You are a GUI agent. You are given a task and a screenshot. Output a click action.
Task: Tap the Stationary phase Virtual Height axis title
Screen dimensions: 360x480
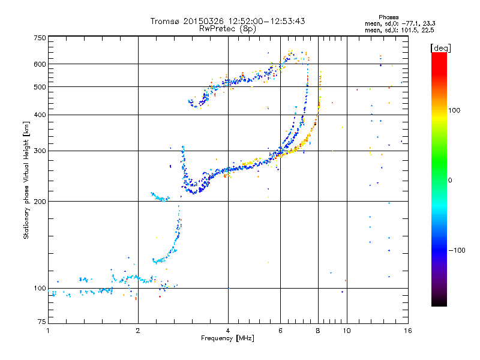click(26, 180)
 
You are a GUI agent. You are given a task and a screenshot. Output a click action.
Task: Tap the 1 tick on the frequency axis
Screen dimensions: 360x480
click(48, 330)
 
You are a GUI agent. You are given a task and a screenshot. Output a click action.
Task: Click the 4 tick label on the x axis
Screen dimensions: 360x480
click(228, 330)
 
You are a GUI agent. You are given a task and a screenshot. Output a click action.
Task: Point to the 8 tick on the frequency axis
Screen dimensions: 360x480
click(318, 330)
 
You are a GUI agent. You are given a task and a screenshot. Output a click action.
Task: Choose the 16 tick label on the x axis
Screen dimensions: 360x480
click(407, 330)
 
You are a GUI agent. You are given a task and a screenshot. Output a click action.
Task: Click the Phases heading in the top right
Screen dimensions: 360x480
click(389, 17)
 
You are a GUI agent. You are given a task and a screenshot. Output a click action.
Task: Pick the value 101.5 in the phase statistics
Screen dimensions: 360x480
click(409, 29)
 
